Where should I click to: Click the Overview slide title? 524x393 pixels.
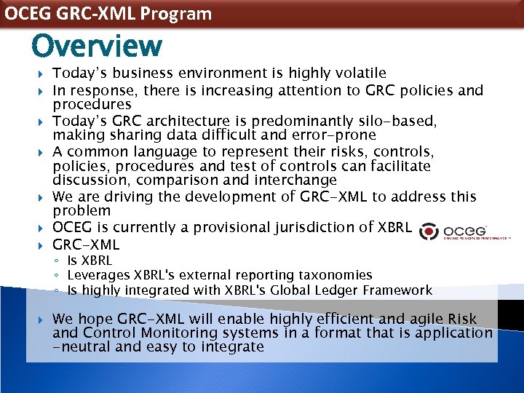pyautogui.click(x=97, y=46)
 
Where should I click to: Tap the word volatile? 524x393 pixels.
pyautogui.click(x=357, y=73)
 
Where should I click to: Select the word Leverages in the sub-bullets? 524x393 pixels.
pyautogui.click(x=98, y=275)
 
